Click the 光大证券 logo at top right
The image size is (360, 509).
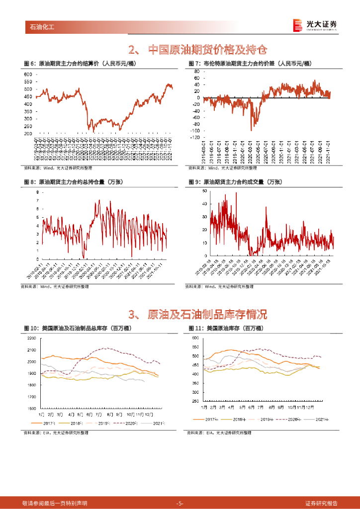314,25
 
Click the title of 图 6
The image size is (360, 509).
80,64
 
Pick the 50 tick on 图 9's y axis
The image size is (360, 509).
205,191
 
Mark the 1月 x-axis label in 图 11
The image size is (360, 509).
204,407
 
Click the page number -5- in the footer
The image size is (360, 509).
180,504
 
